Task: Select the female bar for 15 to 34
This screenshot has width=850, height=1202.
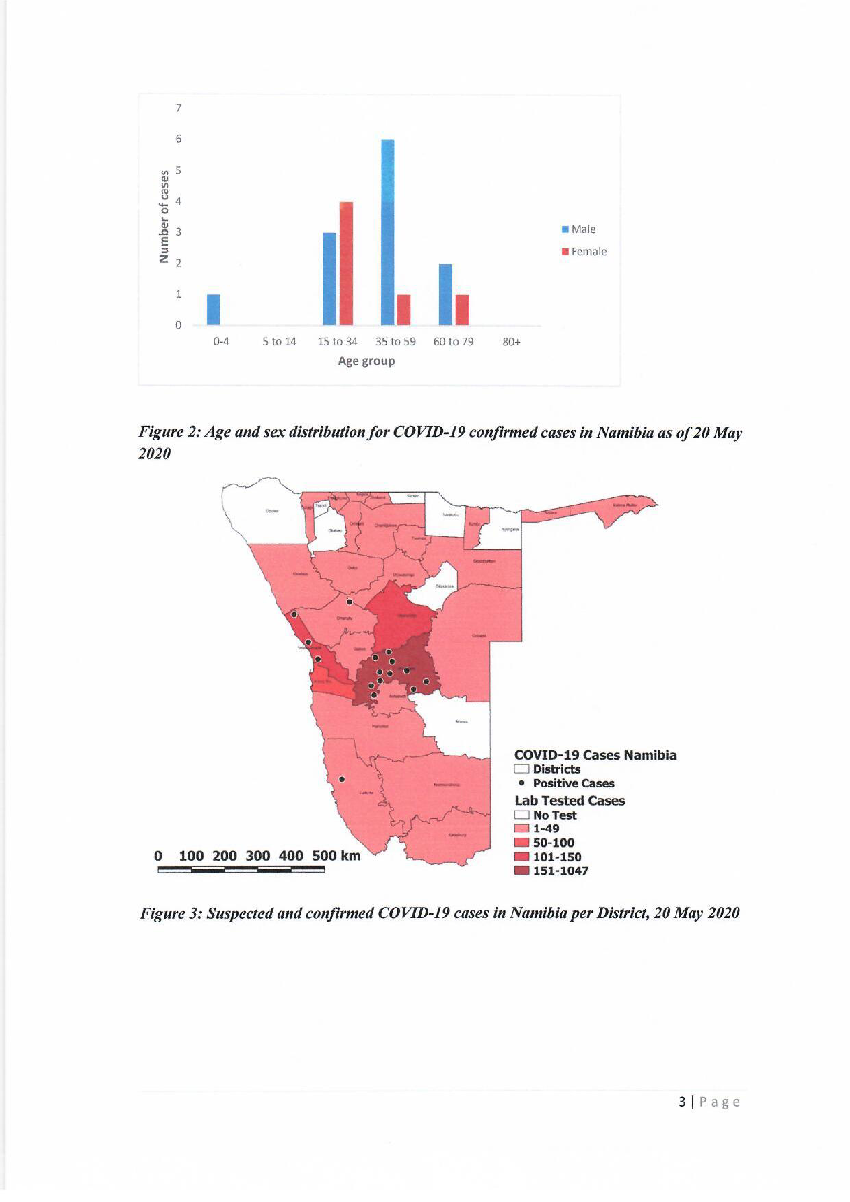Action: [346, 263]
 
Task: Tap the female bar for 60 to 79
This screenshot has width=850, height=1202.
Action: [462, 310]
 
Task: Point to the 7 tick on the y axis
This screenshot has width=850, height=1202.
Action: [178, 109]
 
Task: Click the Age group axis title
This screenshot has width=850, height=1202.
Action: [366, 361]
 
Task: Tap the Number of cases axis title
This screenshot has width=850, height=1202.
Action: [164, 216]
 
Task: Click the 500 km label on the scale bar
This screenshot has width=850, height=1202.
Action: [336, 855]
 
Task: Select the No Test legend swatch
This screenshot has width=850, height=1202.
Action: [521, 815]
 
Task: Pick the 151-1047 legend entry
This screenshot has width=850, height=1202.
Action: [560, 871]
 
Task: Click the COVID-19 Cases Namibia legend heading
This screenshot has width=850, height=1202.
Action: [595, 755]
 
